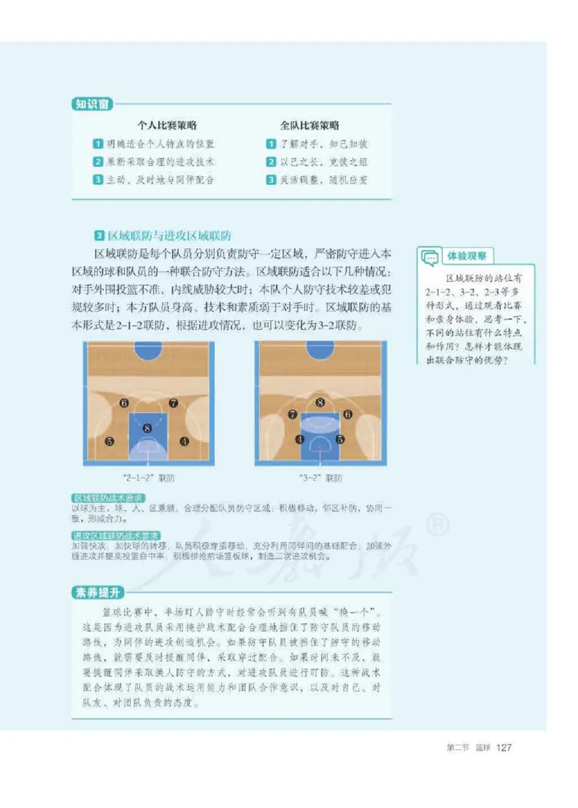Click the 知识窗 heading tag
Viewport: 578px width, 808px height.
pos(92,104)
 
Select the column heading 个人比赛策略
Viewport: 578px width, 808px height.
pos(168,125)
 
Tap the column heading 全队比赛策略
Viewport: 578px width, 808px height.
pos(310,125)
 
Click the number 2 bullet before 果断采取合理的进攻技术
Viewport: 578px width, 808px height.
pos(98,162)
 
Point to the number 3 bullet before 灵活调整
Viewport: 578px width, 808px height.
pos(271,180)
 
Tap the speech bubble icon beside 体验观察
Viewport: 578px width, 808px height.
pos(429,256)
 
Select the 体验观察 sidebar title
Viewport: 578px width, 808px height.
pos(467,256)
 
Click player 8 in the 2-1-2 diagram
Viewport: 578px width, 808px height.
pos(147,428)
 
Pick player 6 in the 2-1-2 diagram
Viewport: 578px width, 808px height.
pos(124,403)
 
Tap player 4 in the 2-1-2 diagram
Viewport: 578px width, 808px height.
pos(184,441)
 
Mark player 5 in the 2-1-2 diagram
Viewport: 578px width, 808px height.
pos(109,441)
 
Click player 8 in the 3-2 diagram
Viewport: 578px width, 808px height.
pos(320,403)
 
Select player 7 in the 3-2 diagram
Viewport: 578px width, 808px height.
pos(293,415)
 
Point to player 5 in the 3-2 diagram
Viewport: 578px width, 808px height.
pos(340,439)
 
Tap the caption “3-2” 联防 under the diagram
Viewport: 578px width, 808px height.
pos(320,478)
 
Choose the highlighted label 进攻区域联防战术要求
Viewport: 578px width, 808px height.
pos(116,536)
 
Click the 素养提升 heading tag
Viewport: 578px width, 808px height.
pos(98,593)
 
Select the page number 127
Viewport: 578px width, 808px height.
pos(504,747)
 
